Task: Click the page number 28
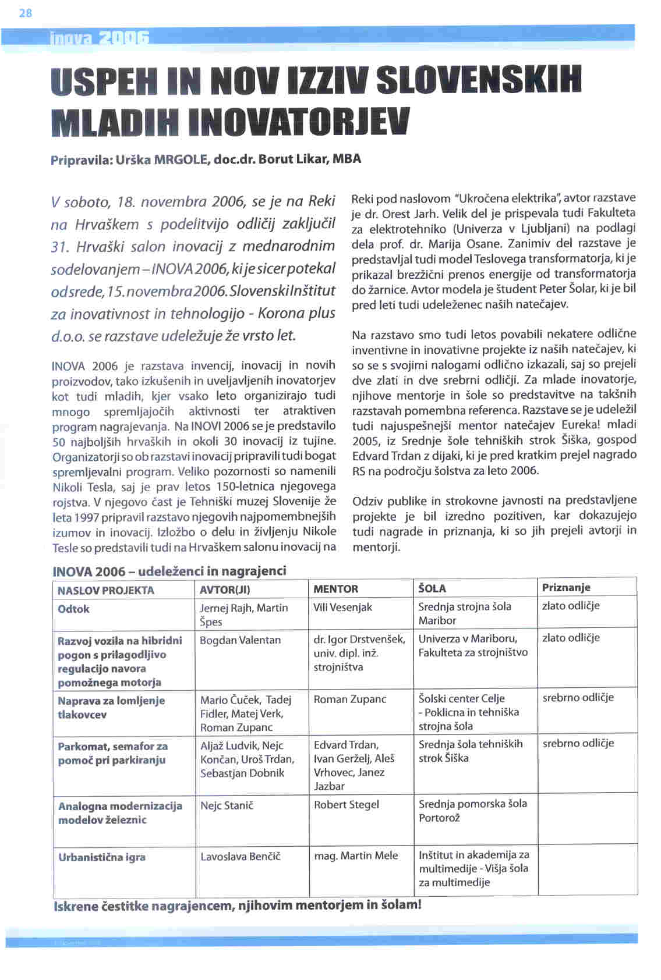pos(26,13)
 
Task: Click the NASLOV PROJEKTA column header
pos(106,590)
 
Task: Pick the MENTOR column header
pos(336,589)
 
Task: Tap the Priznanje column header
pos(566,588)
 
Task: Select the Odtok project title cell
pos(74,609)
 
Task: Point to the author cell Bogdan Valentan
pos(240,640)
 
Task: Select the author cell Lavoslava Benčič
pos(240,857)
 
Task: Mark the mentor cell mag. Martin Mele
pos(356,855)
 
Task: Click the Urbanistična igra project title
pos(102,857)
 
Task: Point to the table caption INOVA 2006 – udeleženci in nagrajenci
pos(169,571)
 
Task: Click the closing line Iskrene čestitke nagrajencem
pos(236,906)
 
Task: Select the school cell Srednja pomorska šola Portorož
pos(472,811)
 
